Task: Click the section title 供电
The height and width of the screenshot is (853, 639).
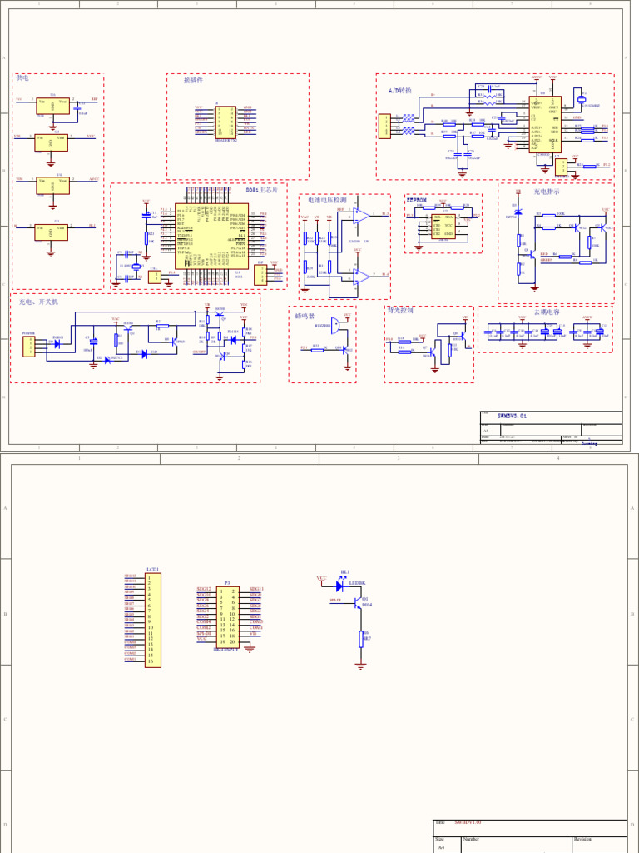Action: [22, 78]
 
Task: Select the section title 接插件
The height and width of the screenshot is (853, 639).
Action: [193, 81]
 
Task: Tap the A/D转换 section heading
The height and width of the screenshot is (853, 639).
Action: [399, 90]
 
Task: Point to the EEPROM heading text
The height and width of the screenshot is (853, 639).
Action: [416, 200]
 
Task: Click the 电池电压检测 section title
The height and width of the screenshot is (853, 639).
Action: [327, 200]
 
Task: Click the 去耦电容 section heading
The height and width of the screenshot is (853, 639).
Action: [547, 312]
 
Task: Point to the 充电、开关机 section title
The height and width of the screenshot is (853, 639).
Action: [38, 302]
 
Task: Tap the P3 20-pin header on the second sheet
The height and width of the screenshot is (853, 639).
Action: [227, 616]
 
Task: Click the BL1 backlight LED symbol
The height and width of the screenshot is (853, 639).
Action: [340, 586]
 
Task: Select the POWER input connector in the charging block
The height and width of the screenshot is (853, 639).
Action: [29, 346]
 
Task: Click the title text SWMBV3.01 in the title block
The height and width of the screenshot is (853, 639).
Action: [512, 415]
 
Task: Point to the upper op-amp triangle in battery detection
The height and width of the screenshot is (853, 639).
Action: [360, 215]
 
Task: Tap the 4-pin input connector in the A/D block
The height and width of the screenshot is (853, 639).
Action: [384, 127]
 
